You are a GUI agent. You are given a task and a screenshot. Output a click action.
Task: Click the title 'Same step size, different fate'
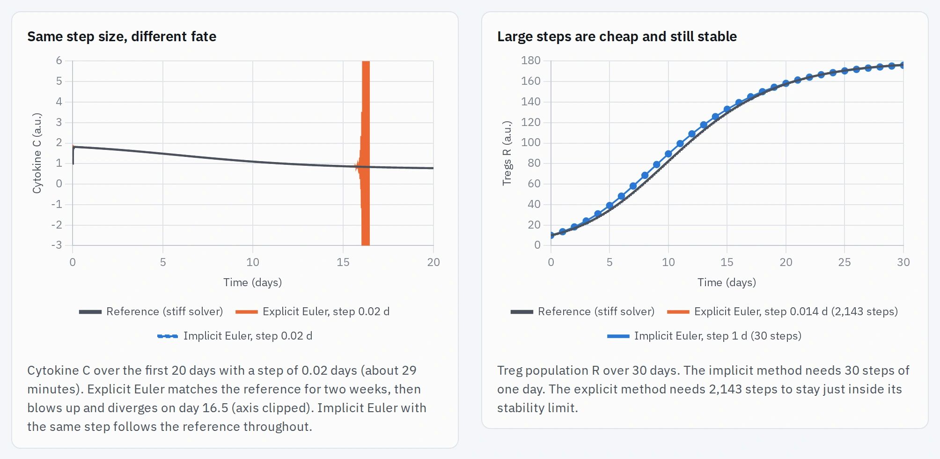[x=122, y=37]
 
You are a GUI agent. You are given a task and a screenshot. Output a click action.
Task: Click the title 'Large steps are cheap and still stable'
[x=617, y=37]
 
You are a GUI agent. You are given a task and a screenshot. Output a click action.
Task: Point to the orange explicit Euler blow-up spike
[x=366, y=153]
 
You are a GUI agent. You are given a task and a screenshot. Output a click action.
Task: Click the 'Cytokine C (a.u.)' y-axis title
[x=37, y=153]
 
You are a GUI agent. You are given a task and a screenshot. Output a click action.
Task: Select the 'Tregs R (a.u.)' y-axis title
[x=507, y=153]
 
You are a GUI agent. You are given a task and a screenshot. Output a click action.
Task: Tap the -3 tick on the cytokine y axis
[x=57, y=245]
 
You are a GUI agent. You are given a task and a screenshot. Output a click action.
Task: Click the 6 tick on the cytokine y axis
[x=59, y=60]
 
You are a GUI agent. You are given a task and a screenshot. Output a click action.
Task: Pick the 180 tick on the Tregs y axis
[x=531, y=60]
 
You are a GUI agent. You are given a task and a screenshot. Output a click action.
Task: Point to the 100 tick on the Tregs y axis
[x=531, y=142]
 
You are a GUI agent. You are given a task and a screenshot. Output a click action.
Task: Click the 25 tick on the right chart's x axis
[x=845, y=262]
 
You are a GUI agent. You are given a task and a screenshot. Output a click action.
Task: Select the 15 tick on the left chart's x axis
[x=343, y=262]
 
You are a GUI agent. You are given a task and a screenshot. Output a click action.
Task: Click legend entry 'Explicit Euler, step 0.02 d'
[x=312, y=311]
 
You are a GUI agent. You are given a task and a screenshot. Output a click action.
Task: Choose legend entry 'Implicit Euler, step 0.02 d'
[x=235, y=336]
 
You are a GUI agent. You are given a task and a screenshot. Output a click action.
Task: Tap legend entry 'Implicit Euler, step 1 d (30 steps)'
[x=704, y=336]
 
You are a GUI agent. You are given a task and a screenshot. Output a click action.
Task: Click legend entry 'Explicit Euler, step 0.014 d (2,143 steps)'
[x=782, y=311]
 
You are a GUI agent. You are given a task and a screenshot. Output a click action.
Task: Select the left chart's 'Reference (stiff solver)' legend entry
[x=151, y=311]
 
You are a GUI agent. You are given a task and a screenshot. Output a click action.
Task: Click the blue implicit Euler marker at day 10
[x=668, y=154]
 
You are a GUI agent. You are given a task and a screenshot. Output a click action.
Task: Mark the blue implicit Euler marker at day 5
[x=610, y=205]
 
